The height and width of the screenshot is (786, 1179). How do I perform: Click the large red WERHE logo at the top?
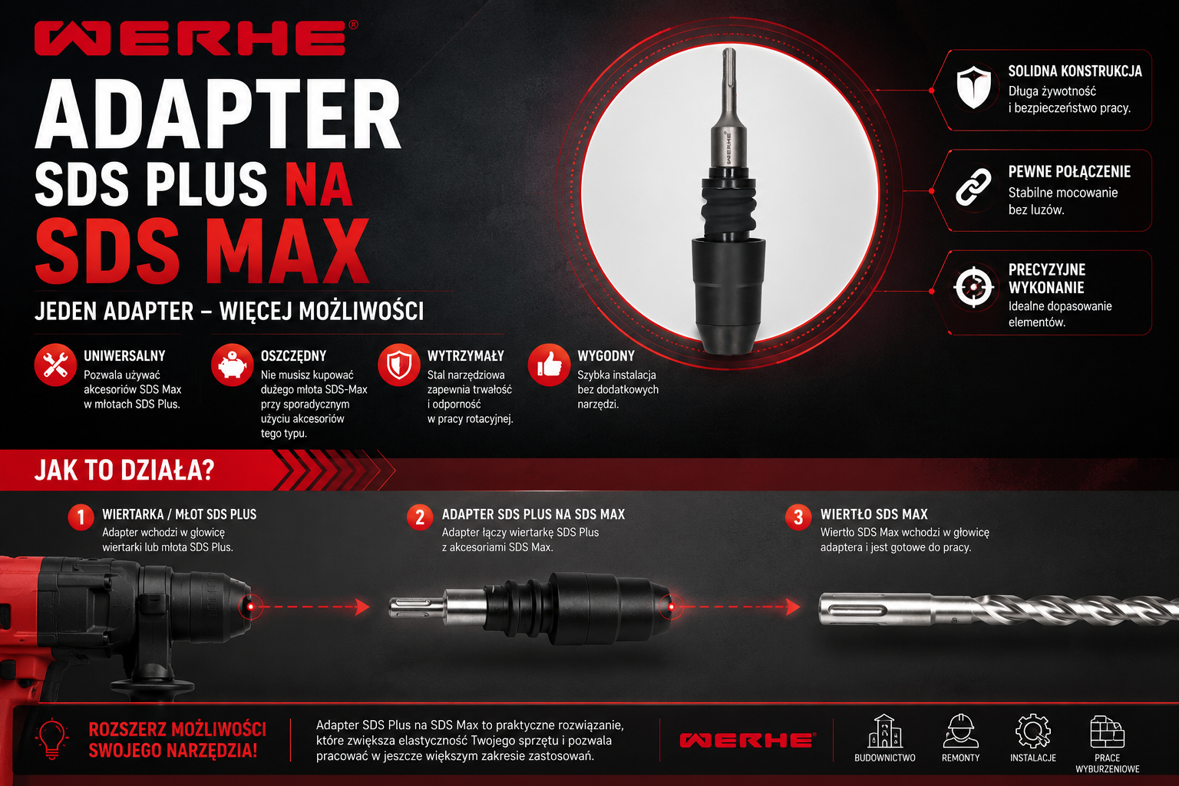click(196, 38)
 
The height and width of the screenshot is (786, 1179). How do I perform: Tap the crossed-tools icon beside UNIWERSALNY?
click(55, 365)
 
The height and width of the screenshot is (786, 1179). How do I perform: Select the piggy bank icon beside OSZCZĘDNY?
click(232, 365)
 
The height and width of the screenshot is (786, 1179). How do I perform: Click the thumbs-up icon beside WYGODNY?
click(549, 365)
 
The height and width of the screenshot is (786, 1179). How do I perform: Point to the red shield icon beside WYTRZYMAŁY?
click(399, 365)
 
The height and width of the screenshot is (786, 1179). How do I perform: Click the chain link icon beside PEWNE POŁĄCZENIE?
click(973, 187)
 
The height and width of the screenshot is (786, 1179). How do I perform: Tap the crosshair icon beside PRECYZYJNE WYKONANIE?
click(974, 287)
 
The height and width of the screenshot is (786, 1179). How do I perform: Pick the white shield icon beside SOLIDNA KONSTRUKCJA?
click(974, 87)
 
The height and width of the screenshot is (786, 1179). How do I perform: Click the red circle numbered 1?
click(81, 517)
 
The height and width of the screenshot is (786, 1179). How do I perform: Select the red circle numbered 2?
click(420, 517)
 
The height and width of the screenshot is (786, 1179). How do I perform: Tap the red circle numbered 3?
click(798, 517)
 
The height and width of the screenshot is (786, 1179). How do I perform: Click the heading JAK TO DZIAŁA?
click(125, 470)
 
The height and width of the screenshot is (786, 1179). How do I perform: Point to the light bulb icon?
click(51, 739)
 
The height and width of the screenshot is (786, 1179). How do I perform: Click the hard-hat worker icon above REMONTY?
click(960, 731)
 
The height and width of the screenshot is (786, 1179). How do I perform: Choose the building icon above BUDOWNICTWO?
click(885, 731)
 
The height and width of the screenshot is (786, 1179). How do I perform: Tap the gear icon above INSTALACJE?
click(1032, 731)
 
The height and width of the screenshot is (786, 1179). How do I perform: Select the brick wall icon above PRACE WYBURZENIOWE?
click(1107, 732)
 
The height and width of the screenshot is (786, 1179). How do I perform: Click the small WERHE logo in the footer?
click(748, 740)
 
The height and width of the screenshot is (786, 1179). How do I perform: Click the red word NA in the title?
click(319, 184)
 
